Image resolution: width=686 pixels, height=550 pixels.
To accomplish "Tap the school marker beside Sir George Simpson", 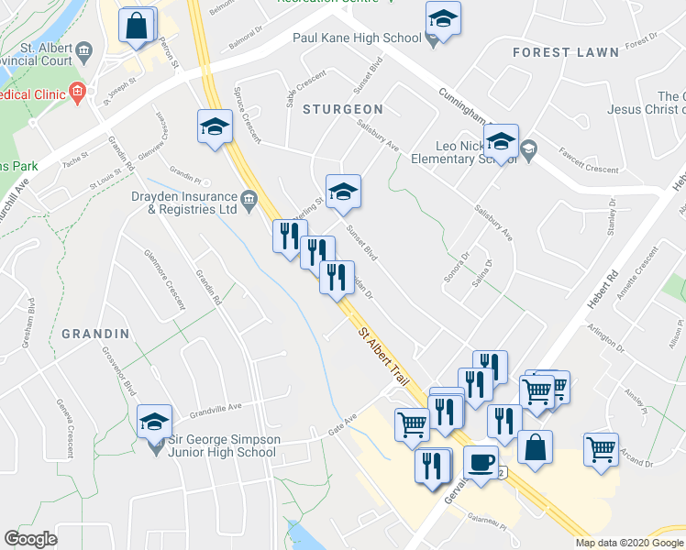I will [x=154, y=422].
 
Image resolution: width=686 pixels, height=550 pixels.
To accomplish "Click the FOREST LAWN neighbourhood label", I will [x=566, y=53].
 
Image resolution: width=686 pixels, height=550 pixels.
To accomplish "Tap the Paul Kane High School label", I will [x=356, y=38].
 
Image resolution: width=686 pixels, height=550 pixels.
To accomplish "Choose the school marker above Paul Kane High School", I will [x=443, y=19].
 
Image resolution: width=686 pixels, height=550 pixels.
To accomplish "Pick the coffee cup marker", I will [x=481, y=462].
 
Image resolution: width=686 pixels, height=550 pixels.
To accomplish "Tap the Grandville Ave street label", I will [x=216, y=405].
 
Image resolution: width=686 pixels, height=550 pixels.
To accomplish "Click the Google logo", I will [x=31, y=539].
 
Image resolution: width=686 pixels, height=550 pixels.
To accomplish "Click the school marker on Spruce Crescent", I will [x=215, y=126].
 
